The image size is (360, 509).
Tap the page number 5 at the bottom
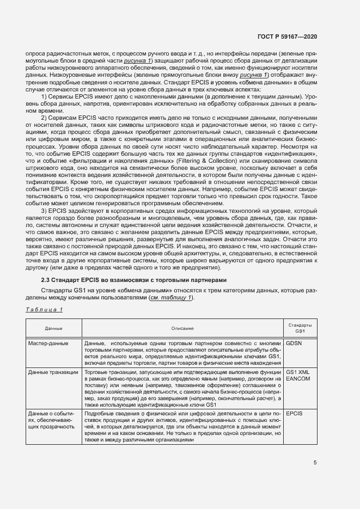click(315, 463)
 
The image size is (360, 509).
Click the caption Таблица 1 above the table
click(45, 310)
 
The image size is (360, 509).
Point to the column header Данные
click(53, 328)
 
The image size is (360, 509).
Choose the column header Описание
click(182, 328)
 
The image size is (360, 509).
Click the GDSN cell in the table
click(294, 343)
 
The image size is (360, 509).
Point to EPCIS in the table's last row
click(294, 414)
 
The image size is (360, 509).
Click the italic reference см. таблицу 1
click(170, 298)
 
